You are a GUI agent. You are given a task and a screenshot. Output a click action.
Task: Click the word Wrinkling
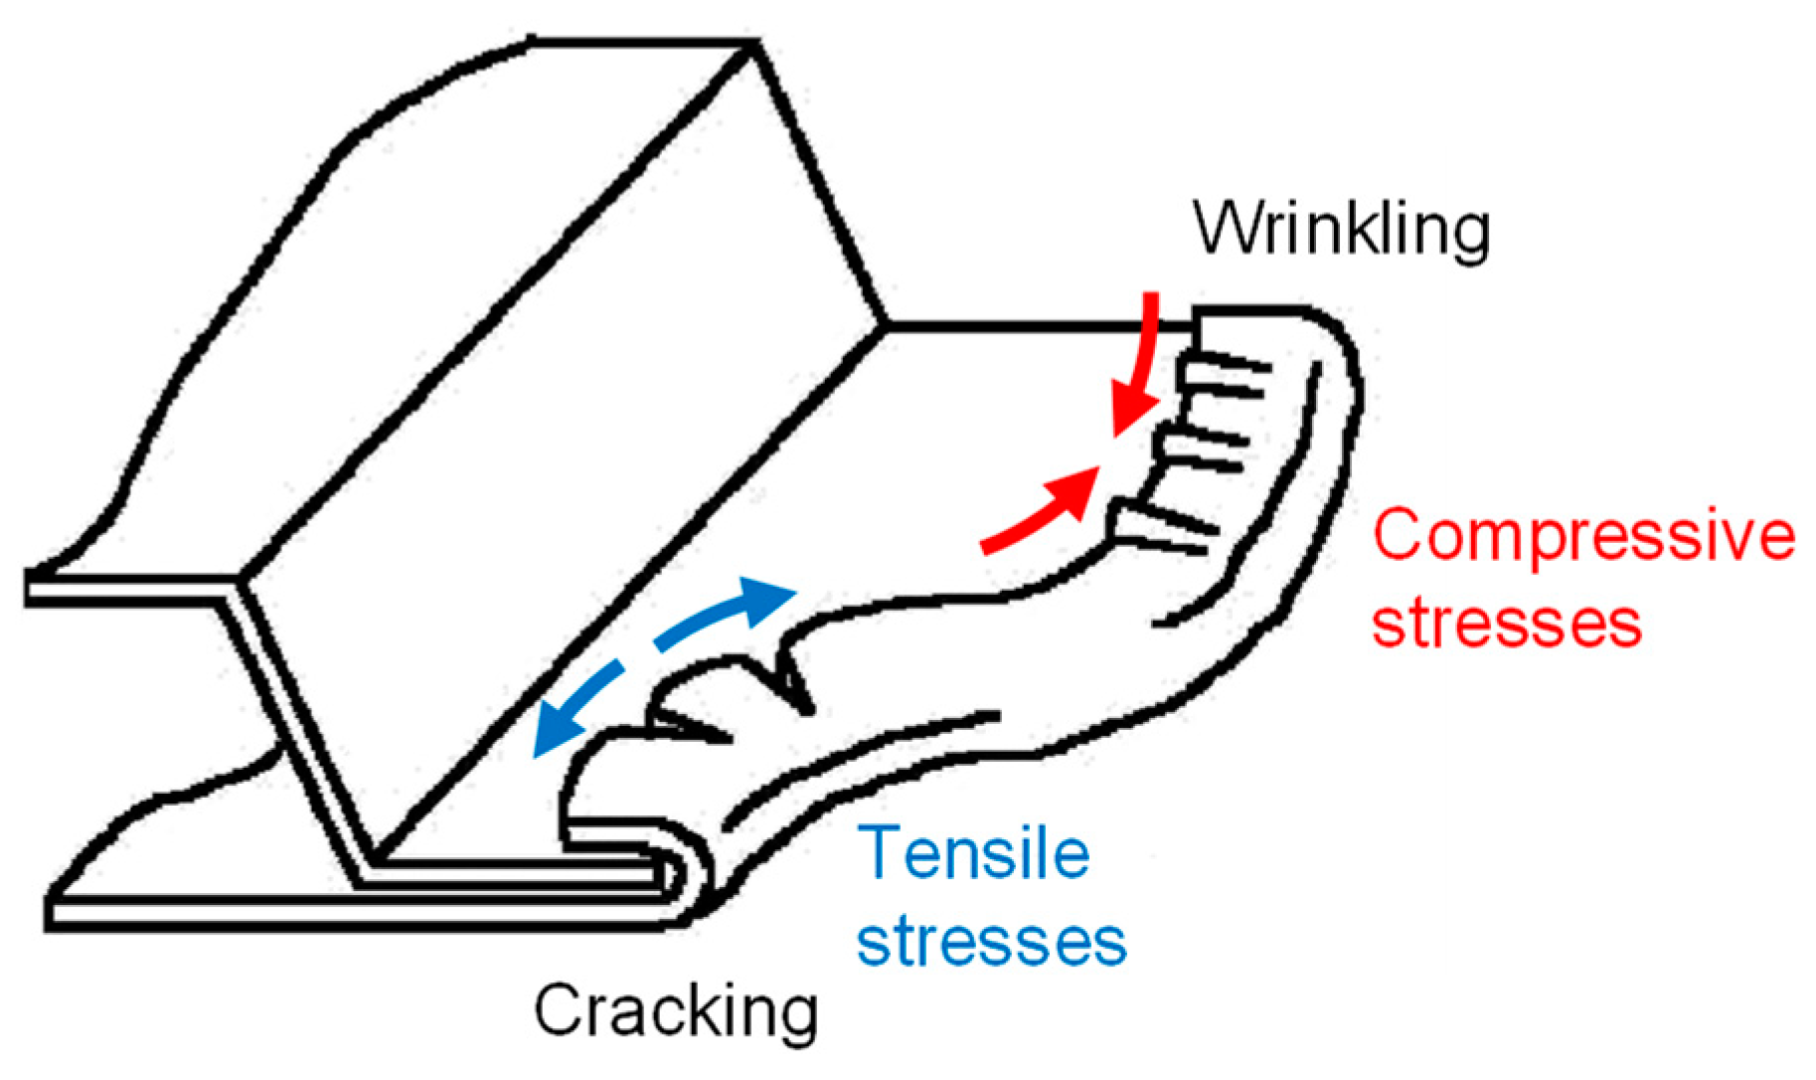click(x=1341, y=231)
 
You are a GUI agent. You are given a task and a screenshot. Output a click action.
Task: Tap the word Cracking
click(x=676, y=1012)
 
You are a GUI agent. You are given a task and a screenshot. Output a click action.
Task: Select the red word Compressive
click(x=1584, y=538)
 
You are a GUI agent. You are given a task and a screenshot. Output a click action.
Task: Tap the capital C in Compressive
click(x=1400, y=538)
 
